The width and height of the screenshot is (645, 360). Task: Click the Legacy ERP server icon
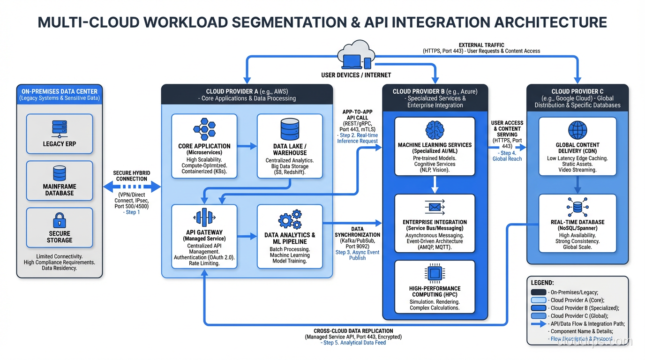(x=60, y=129)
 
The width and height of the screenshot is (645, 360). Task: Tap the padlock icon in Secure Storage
(x=60, y=220)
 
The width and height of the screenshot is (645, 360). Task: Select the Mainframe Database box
(x=60, y=181)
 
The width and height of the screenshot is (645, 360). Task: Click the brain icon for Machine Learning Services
(x=435, y=130)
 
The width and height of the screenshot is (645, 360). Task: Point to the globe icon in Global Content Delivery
(x=577, y=130)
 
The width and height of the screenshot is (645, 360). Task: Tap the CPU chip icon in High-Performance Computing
(x=435, y=273)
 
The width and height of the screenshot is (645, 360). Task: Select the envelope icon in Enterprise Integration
(x=435, y=207)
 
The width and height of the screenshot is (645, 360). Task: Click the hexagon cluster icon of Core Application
(x=205, y=129)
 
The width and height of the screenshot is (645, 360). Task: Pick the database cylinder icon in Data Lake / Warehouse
(x=290, y=129)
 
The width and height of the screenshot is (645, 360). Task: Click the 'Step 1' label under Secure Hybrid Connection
(x=132, y=212)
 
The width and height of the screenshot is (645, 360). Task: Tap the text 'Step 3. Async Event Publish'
(x=357, y=255)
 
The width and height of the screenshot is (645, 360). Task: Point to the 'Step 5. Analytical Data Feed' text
(x=354, y=343)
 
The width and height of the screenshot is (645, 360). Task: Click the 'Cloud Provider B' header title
(x=435, y=91)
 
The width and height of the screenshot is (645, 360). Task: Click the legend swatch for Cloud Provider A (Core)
(x=539, y=300)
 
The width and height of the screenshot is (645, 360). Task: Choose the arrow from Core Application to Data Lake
(x=248, y=146)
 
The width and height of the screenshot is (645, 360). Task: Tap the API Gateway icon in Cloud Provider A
(x=204, y=217)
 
